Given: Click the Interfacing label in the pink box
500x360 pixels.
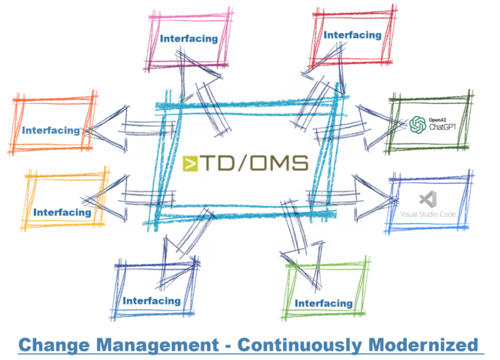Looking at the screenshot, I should point(188,37).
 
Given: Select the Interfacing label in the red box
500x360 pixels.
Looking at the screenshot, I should point(352,35).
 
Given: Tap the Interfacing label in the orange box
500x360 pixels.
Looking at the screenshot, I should point(51,130).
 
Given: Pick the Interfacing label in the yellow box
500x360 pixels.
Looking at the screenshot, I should point(62,212).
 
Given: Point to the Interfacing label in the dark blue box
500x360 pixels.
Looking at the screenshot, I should point(152,301).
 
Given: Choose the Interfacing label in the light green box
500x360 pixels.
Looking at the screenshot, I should point(323,303).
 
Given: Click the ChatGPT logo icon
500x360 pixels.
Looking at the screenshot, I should point(418,125).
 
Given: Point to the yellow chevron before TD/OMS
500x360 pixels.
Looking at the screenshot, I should point(192,162).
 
